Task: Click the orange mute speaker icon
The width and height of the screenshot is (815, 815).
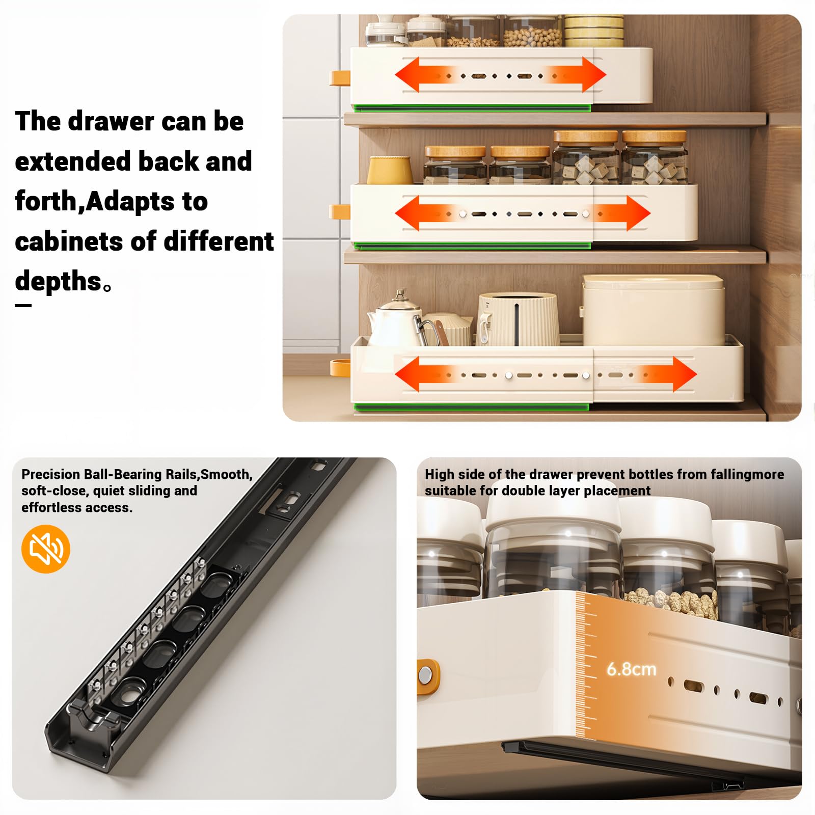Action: point(45,549)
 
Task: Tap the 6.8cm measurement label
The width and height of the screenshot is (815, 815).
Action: point(631,669)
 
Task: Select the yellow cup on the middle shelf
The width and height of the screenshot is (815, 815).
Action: point(390,170)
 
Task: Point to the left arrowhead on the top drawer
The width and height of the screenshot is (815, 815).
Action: point(407,74)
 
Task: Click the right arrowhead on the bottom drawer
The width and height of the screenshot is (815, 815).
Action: point(685,374)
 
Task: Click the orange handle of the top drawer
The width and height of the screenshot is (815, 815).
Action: point(340,78)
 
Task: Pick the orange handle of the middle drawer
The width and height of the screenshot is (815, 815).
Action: point(340,212)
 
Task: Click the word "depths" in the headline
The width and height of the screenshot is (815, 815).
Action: point(59,282)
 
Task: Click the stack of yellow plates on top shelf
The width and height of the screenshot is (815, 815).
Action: point(593,31)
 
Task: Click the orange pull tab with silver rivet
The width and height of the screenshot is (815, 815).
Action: point(428,676)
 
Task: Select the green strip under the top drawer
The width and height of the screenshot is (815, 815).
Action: point(472,108)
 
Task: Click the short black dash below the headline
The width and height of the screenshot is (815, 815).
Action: point(23,306)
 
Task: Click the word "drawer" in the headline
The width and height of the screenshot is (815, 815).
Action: point(111,121)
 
